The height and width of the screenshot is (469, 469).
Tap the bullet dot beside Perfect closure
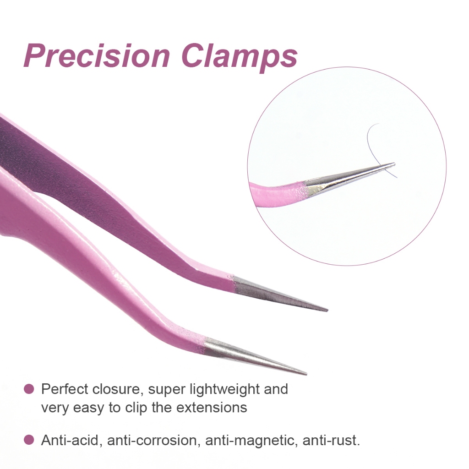tap(29, 389)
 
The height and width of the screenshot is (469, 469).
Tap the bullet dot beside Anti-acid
tap(29, 440)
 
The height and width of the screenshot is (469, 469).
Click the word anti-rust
tap(331, 440)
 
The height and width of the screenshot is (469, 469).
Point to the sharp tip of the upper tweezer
tap(327, 311)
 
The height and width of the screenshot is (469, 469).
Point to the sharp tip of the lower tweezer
tap(306, 374)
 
